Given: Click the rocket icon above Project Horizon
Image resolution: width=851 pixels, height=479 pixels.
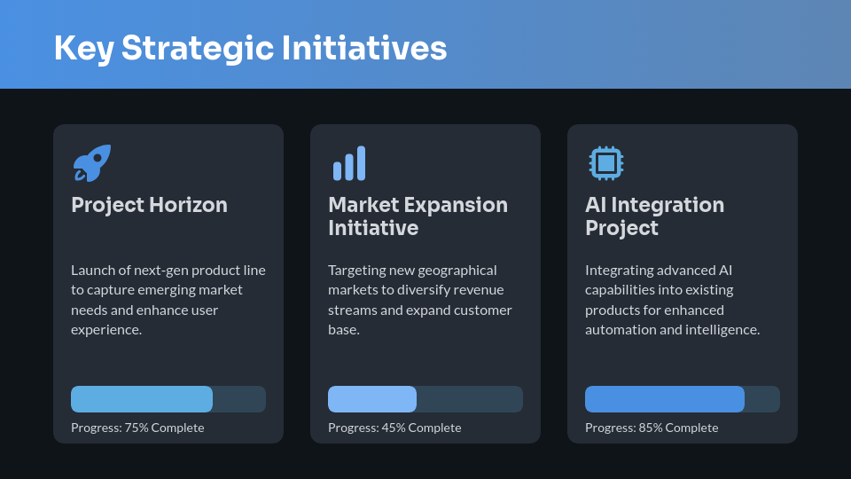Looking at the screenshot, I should coord(92,163).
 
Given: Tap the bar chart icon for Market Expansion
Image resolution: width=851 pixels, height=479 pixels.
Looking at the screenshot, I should coord(349,163).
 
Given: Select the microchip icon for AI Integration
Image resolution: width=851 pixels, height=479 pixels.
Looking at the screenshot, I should coord(606,163).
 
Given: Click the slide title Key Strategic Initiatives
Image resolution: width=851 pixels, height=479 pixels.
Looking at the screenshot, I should coord(250,48).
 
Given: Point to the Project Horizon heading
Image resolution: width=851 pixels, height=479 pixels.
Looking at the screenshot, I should coord(149,205).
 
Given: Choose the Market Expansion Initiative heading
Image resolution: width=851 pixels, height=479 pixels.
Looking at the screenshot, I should coord(418,216).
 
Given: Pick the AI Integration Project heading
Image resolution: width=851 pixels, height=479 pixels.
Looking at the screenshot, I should coord(654,216).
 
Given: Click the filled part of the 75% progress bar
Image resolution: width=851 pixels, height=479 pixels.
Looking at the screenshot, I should coord(142,399).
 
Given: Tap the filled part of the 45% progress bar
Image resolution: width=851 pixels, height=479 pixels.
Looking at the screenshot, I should coord(372,399).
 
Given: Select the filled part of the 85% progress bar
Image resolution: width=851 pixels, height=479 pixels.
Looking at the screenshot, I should coord(665,399).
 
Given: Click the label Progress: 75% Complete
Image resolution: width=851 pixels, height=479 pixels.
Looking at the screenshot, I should coord(137,428).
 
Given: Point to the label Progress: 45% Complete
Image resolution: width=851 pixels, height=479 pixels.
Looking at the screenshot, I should coord(394,428).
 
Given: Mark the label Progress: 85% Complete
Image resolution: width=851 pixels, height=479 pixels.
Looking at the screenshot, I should coord(652,428).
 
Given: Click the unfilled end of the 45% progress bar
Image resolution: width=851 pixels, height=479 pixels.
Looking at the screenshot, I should coord(470,399).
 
